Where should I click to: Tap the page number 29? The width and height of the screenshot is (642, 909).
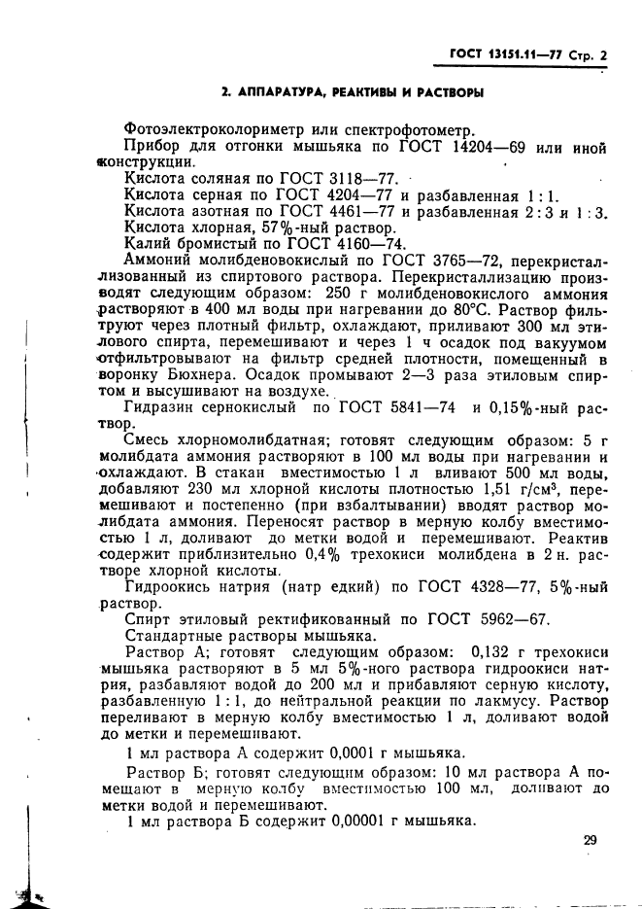591,841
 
